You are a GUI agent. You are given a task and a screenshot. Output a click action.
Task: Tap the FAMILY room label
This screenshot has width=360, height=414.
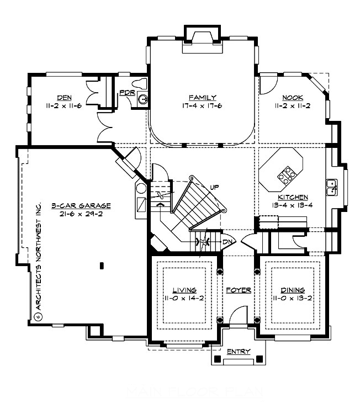[202, 97]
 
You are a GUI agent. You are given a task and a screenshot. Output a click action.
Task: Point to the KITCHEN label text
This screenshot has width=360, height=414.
[293, 197]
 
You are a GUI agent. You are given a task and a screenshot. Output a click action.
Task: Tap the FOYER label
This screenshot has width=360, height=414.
[239, 290]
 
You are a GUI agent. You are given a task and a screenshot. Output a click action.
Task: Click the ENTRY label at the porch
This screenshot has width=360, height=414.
[238, 352]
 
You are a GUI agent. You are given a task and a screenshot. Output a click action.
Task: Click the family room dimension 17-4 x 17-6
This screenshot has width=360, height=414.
[202, 105]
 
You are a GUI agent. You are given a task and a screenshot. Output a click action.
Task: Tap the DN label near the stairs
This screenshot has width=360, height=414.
[226, 242]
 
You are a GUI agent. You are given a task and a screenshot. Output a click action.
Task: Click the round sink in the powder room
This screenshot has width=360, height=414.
[142, 100]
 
